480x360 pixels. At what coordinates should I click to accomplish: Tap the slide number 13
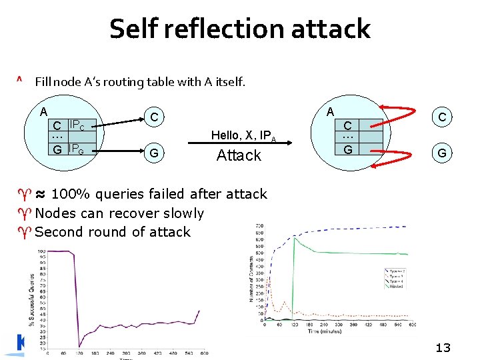coord(443,347)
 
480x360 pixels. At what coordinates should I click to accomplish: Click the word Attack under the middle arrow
coord(239,155)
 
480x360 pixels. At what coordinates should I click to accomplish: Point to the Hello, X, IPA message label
coord(243,136)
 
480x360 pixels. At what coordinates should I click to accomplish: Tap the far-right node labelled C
coord(442,117)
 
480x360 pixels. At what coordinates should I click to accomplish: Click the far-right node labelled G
coord(442,154)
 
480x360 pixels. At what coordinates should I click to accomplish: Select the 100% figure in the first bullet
coord(71,195)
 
